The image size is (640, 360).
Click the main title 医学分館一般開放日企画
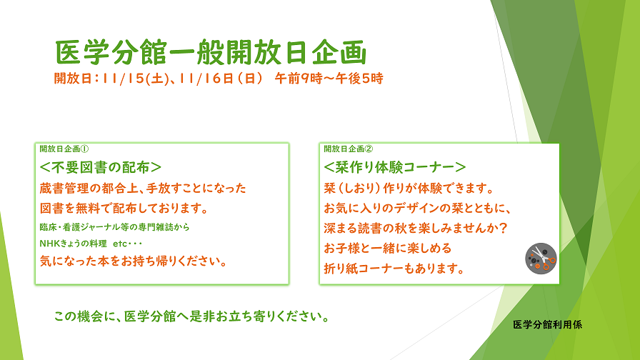click(x=211, y=52)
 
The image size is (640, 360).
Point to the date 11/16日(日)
click(x=221, y=79)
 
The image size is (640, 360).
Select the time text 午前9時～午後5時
click(x=329, y=79)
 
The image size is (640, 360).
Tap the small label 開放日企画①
click(x=64, y=149)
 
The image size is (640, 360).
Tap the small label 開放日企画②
click(x=349, y=149)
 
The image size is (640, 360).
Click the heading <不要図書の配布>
click(x=101, y=167)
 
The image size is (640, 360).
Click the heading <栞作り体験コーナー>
click(x=395, y=167)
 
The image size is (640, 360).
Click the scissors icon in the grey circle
click(x=541, y=259)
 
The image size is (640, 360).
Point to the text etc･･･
click(x=127, y=244)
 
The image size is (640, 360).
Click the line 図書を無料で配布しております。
click(x=124, y=208)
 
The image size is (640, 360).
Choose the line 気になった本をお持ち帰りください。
click(x=134, y=261)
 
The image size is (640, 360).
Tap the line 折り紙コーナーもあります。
click(x=394, y=269)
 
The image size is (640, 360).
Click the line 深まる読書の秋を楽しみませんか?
click(x=416, y=228)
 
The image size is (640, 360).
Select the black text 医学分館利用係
click(x=547, y=325)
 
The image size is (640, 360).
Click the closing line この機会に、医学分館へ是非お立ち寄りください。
click(x=192, y=316)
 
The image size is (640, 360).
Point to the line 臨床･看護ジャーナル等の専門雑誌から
click(x=115, y=227)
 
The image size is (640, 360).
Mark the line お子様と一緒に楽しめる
click(x=388, y=248)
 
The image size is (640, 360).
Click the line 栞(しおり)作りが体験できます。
click(x=409, y=188)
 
